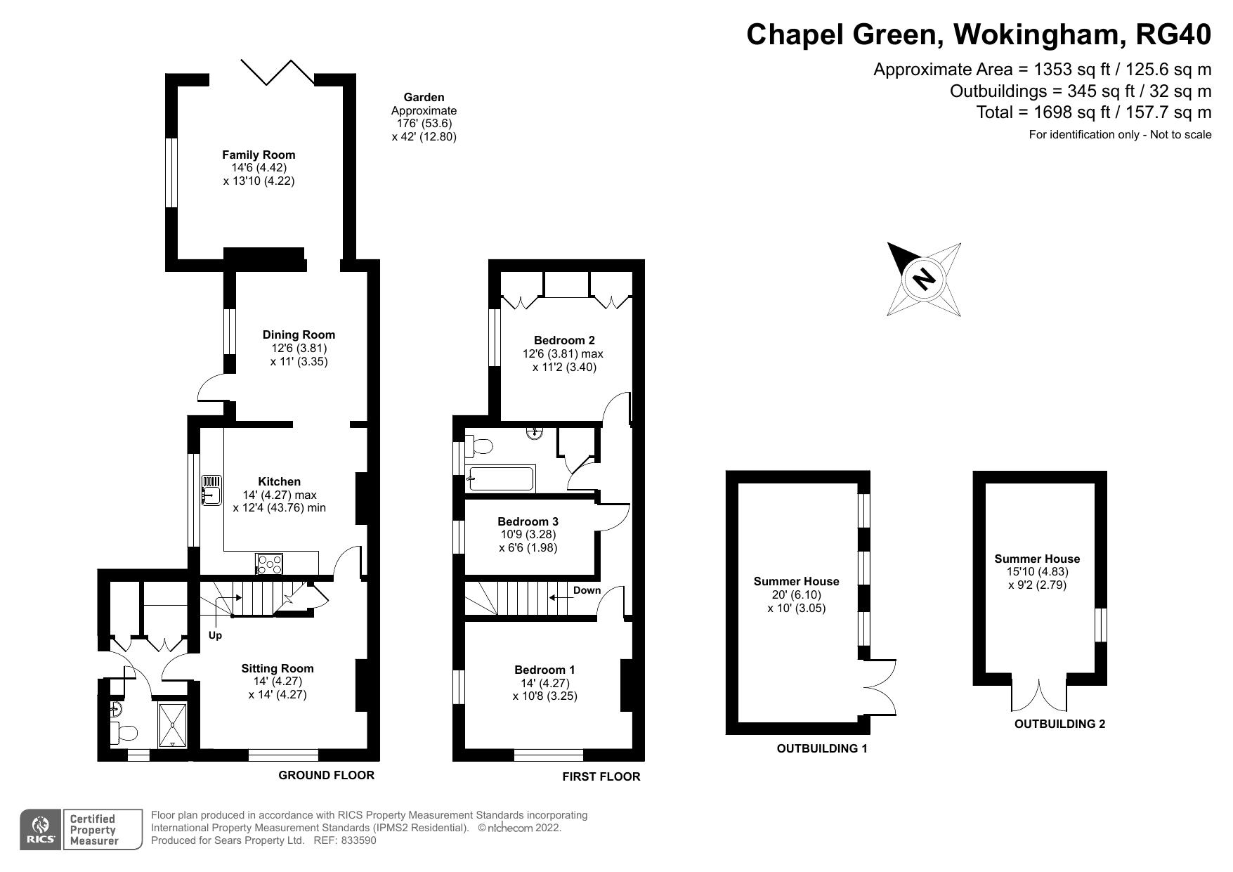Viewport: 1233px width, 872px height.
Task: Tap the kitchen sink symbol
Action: pyautogui.click(x=211, y=490)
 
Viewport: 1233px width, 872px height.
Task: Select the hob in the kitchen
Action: pyautogui.click(x=270, y=564)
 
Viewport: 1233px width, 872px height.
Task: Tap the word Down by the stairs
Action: pyautogui.click(x=587, y=590)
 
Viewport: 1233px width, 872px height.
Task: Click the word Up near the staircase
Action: pyautogui.click(x=215, y=635)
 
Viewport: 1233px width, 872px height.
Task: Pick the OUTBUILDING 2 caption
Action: pyautogui.click(x=1059, y=724)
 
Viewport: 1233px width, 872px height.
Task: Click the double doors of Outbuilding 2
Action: pyautogui.click(x=1039, y=695)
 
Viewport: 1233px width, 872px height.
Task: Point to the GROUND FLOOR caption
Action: pyautogui.click(x=326, y=775)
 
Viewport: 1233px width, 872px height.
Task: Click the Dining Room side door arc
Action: pyautogui.click(x=210, y=388)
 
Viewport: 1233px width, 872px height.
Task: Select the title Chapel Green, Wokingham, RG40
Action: pyautogui.click(x=979, y=34)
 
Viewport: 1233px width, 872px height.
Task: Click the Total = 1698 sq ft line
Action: pyautogui.click(x=1093, y=112)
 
